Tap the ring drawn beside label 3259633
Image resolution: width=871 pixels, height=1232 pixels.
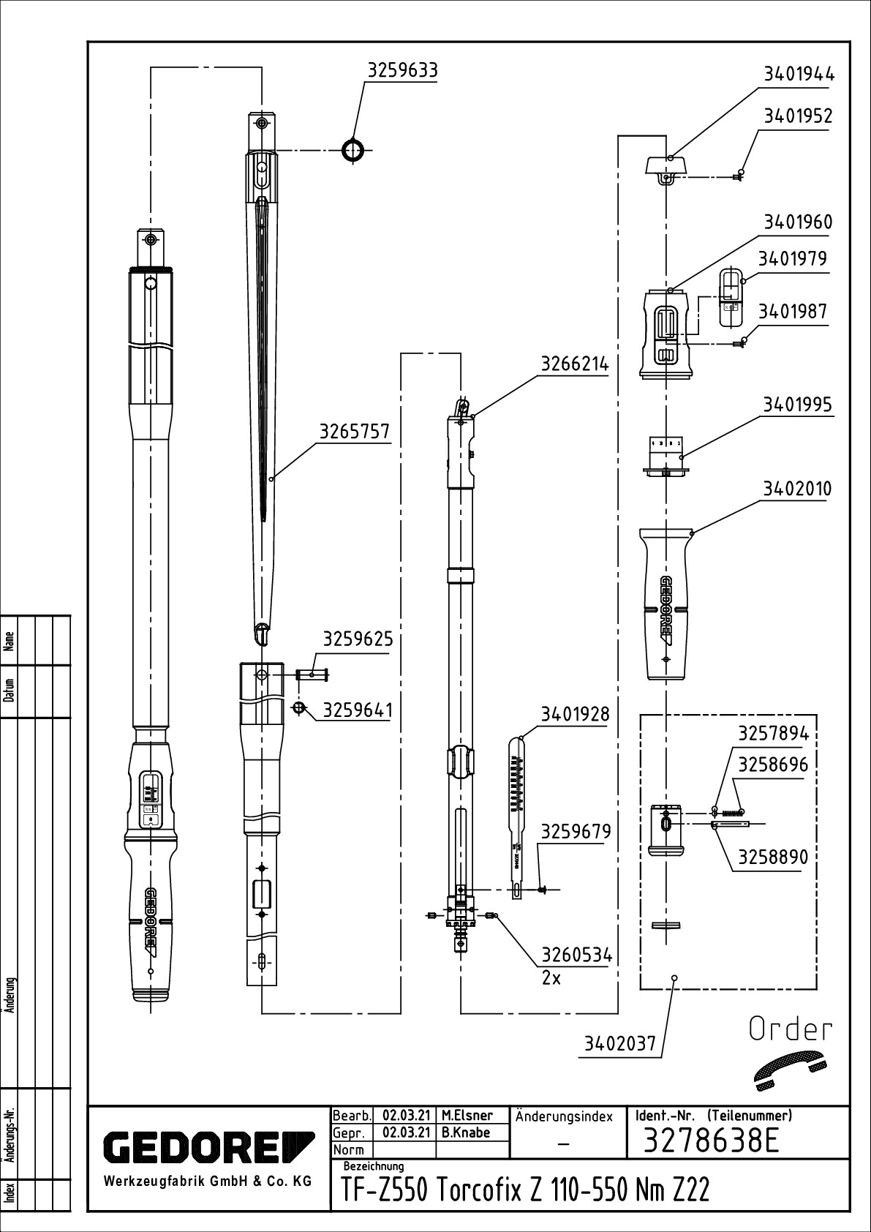(x=352, y=151)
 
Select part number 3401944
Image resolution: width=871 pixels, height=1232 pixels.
(x=798, y=74)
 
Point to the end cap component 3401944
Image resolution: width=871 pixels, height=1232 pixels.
(x=666, y=165)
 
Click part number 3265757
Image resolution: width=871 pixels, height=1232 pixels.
(x=354, y=432)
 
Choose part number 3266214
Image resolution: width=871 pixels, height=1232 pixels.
(x=575, y=364)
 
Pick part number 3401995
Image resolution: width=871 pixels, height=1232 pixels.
(x=798, y=405)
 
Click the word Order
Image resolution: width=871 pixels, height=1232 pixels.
(x=791, y=1029)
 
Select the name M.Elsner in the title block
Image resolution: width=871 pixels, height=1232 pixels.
(x=467, y=1116)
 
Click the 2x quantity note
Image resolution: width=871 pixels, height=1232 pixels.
(x=551, y=978)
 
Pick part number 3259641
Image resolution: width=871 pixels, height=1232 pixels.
(x=358, y=710)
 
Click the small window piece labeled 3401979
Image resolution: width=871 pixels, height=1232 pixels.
(x=730, y=296)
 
